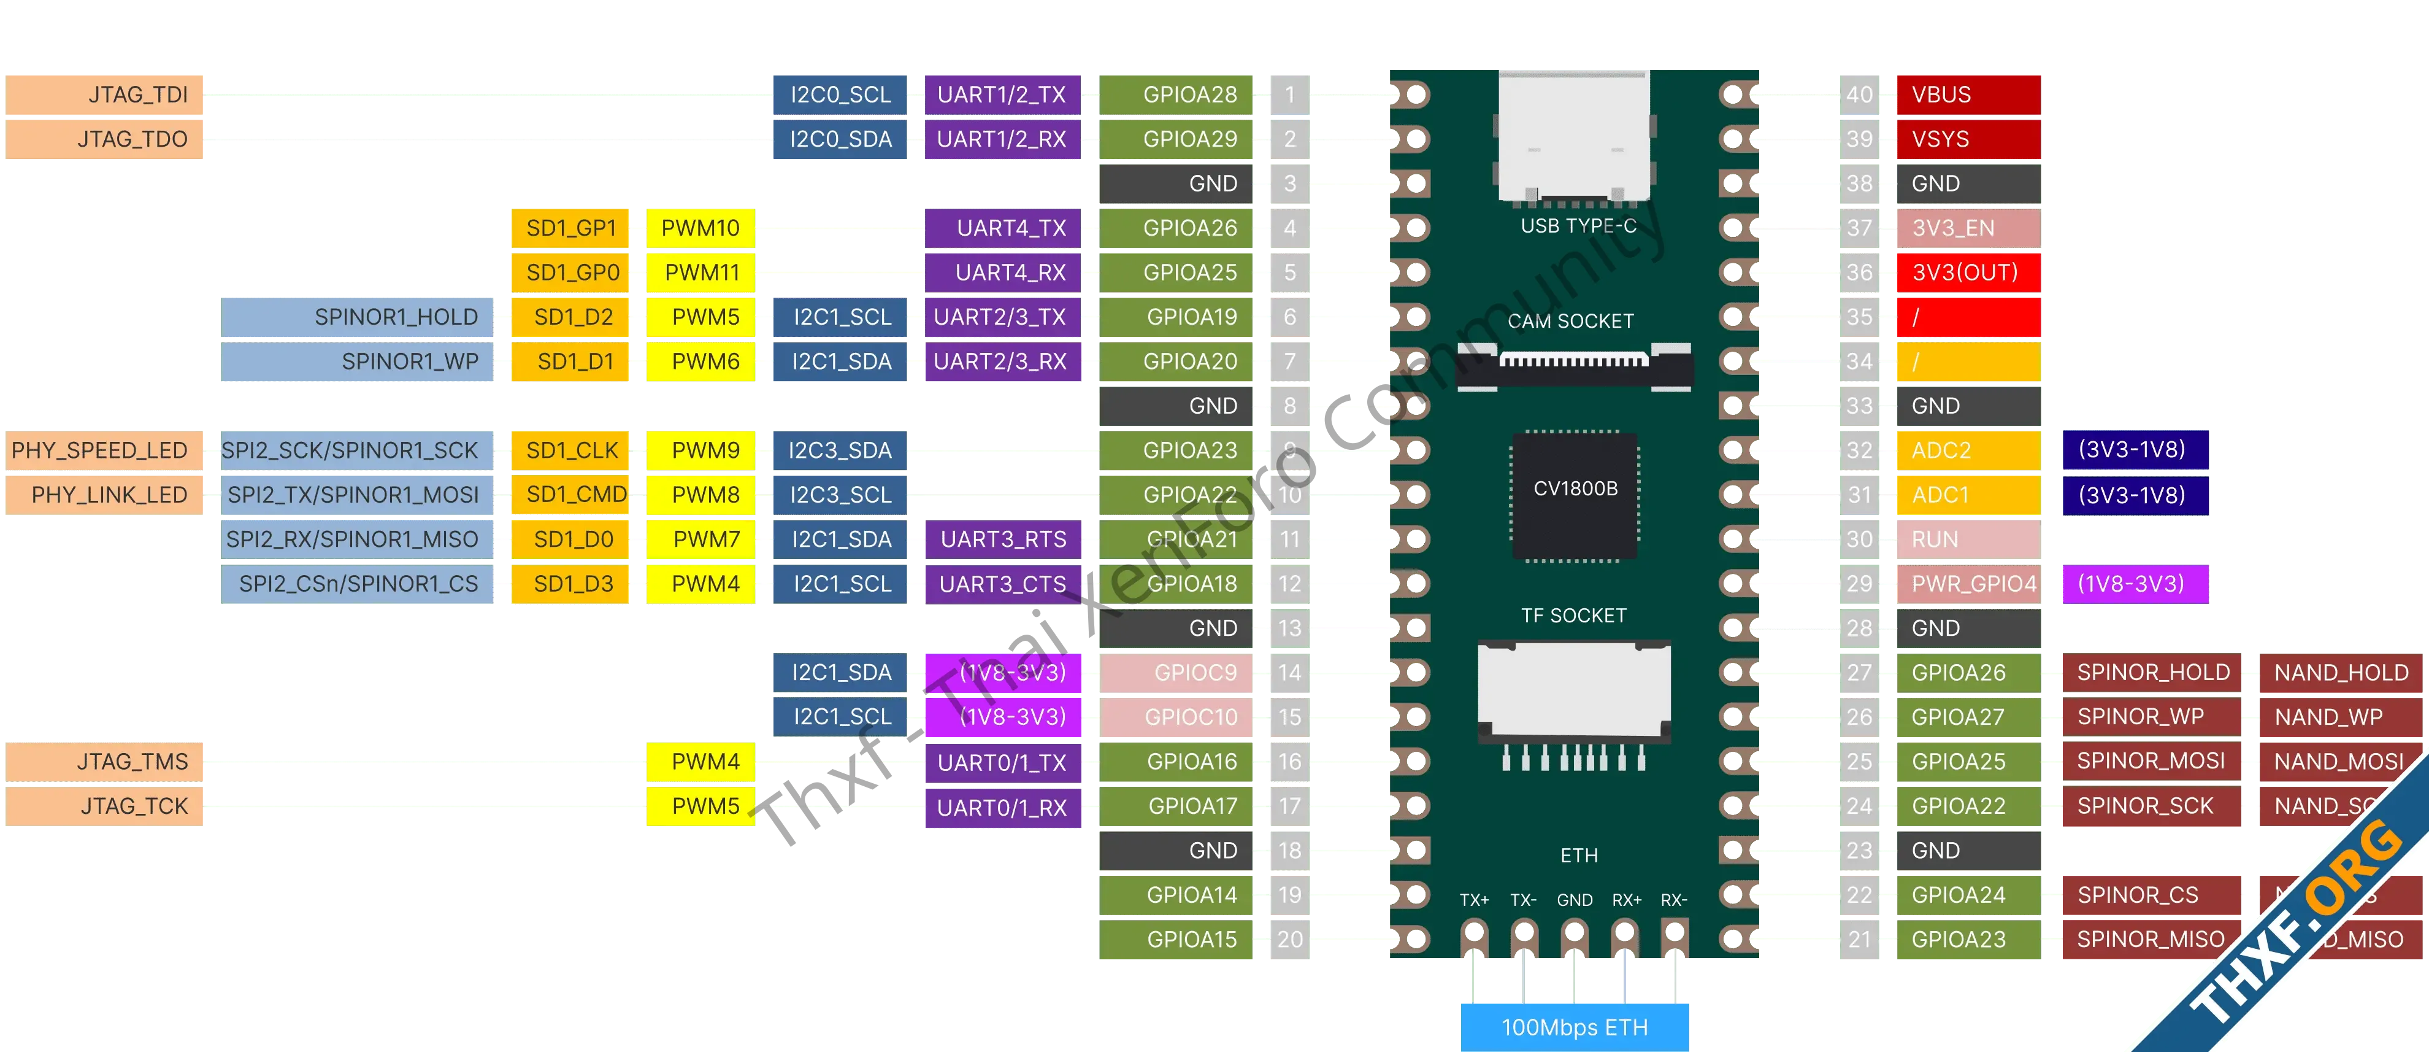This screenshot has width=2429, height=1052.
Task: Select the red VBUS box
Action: [x=1967, y=95]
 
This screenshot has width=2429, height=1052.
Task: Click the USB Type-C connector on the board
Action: [x=1574, y=137]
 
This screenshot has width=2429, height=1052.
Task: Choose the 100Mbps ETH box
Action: [x=1574, y=1026]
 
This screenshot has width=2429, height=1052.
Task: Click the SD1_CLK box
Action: [x=572, y=450]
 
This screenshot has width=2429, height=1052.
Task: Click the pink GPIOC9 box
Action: [x=1178, y=673]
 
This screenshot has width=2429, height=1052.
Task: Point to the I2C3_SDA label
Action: [x=839, y=450]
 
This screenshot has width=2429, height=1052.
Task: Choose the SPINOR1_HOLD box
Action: [x=358, y=317]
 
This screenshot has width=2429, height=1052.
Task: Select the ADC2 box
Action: [x=1967, y=450]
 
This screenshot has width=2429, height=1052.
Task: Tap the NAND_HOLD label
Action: [x=2340, y=673]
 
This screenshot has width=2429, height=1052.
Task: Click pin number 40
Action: [x=1859, y=95]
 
